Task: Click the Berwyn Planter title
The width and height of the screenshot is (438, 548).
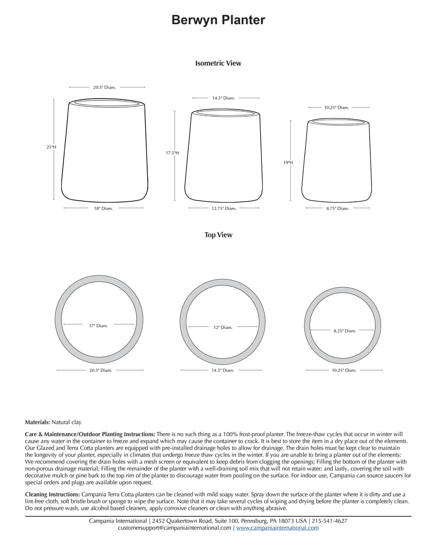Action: (x=218, y=20)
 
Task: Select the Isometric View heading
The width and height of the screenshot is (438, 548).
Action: (x=218, y=63)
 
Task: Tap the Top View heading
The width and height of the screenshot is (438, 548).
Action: (x=218, y=235)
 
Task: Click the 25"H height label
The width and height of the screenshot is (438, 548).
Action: (x=51, y=147)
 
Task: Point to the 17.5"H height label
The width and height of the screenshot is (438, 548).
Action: (x=172, y=153)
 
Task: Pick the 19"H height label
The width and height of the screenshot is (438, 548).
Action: (x=288, y=163)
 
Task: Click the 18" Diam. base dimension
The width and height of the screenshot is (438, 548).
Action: (x=103, y=209)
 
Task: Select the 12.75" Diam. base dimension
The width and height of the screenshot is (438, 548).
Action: (x=224, y=209)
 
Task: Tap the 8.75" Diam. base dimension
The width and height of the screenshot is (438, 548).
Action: (x=337, y=209)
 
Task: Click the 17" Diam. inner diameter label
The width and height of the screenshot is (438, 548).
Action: (x=98, y=326)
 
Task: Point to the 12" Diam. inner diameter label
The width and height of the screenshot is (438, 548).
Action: (x=223, y=327)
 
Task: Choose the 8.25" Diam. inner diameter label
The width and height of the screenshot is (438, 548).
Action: (x=345, y=331)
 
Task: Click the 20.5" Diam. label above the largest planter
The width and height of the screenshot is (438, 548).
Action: (x=104, y=88)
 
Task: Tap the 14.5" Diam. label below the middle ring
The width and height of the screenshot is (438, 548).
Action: (x=223, y=370)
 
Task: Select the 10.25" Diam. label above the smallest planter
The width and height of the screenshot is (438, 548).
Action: (x=336, y=107)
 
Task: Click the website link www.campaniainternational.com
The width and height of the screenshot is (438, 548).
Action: (x=277, y=528)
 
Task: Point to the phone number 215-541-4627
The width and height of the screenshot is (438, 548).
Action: (x=329, y=521)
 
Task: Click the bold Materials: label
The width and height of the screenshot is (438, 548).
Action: (x=37, y=422)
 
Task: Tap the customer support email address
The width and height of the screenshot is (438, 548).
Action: (x=174, y=528)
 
